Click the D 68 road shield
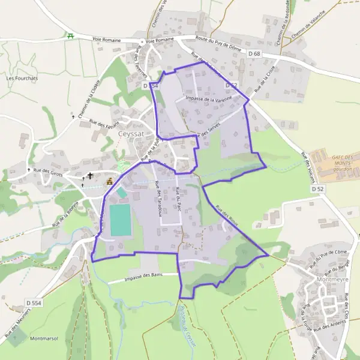click(256, 55)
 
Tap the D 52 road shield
click(317, 188)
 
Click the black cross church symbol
click(91, 176)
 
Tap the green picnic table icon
click(71, 36)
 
